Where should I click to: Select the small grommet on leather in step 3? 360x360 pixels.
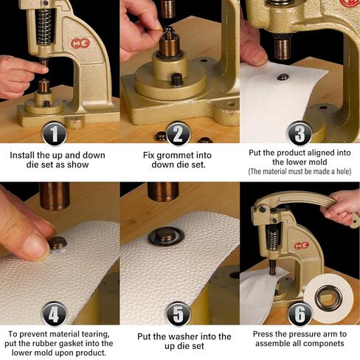click(x=283, y=77)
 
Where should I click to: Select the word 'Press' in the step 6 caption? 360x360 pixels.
click(x=266, y=333)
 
